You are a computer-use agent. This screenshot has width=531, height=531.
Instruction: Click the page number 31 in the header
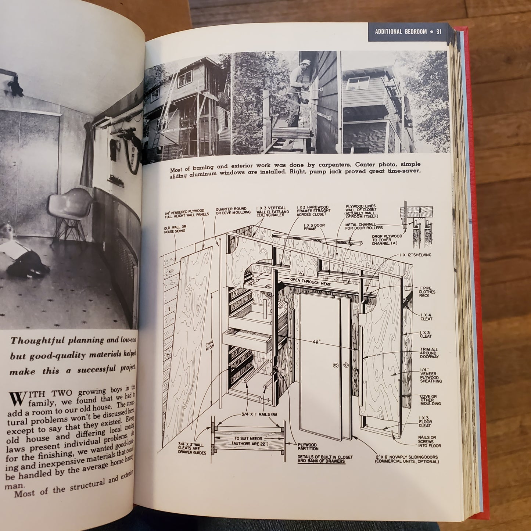pyautogui.click(x=438, y=32)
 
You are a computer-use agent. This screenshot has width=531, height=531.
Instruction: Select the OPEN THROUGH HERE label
pyautogui.click(x=311, y=284)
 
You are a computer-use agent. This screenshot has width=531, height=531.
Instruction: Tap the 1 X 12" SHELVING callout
pyautogui.click(x=415, y=255)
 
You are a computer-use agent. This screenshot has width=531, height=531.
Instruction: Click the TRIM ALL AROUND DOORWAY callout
pyautogui.click(x=429, y=353)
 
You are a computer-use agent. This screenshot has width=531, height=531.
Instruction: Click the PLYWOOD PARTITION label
pyautogui.click(x=308, y=446)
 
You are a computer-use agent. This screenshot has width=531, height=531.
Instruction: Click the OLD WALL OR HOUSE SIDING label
pyautogui.click(x=175, y=229)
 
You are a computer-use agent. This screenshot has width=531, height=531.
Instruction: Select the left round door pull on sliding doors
pyautogui.click(x=335, y=366)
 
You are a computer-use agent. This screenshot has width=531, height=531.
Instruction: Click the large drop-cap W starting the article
pyautogui.click(x=17, y=398)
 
